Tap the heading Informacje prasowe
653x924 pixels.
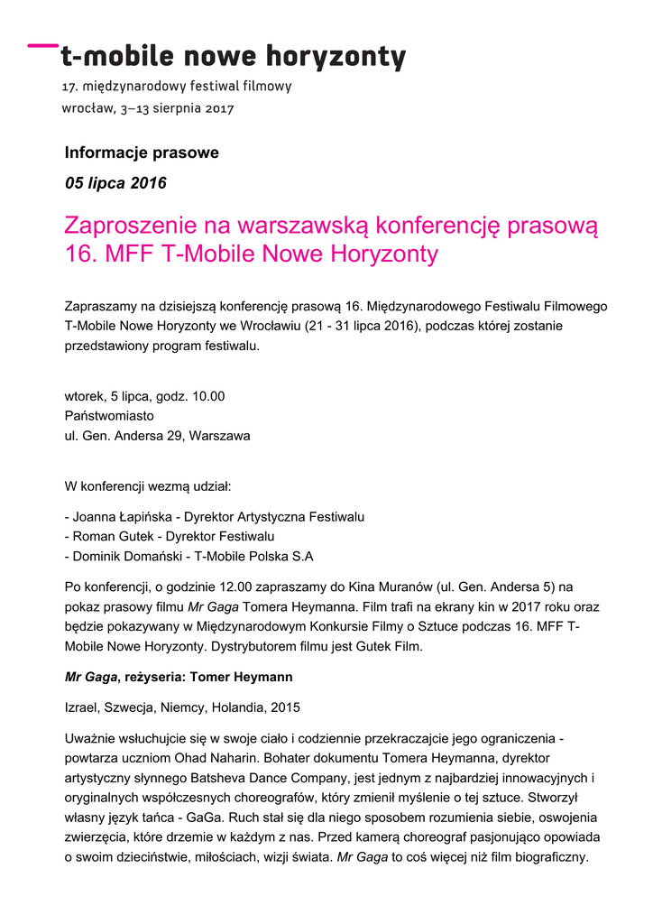click(142, 153)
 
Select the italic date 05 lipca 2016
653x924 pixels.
click(115, 183)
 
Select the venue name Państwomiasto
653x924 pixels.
click(109, 416)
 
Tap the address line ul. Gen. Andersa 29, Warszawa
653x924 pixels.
click(157, 436)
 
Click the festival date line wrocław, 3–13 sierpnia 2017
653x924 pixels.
click(148, 108)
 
